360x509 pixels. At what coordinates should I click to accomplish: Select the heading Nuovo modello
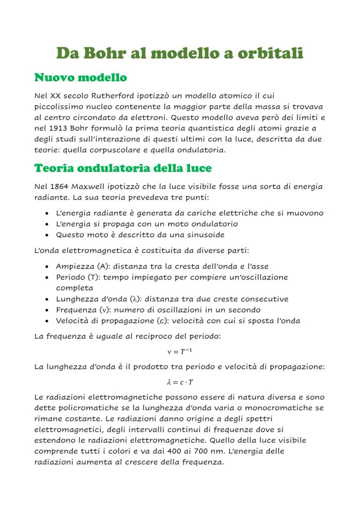pyautogui.click(x=80, y=78)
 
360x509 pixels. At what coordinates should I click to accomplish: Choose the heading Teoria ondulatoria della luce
pyautogui.click(x=123, y=168)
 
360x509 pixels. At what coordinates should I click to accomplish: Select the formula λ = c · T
pyautogui.click(x=180, y=382)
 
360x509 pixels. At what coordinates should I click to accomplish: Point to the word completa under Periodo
pyautogui.click(x=74, y=288)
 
